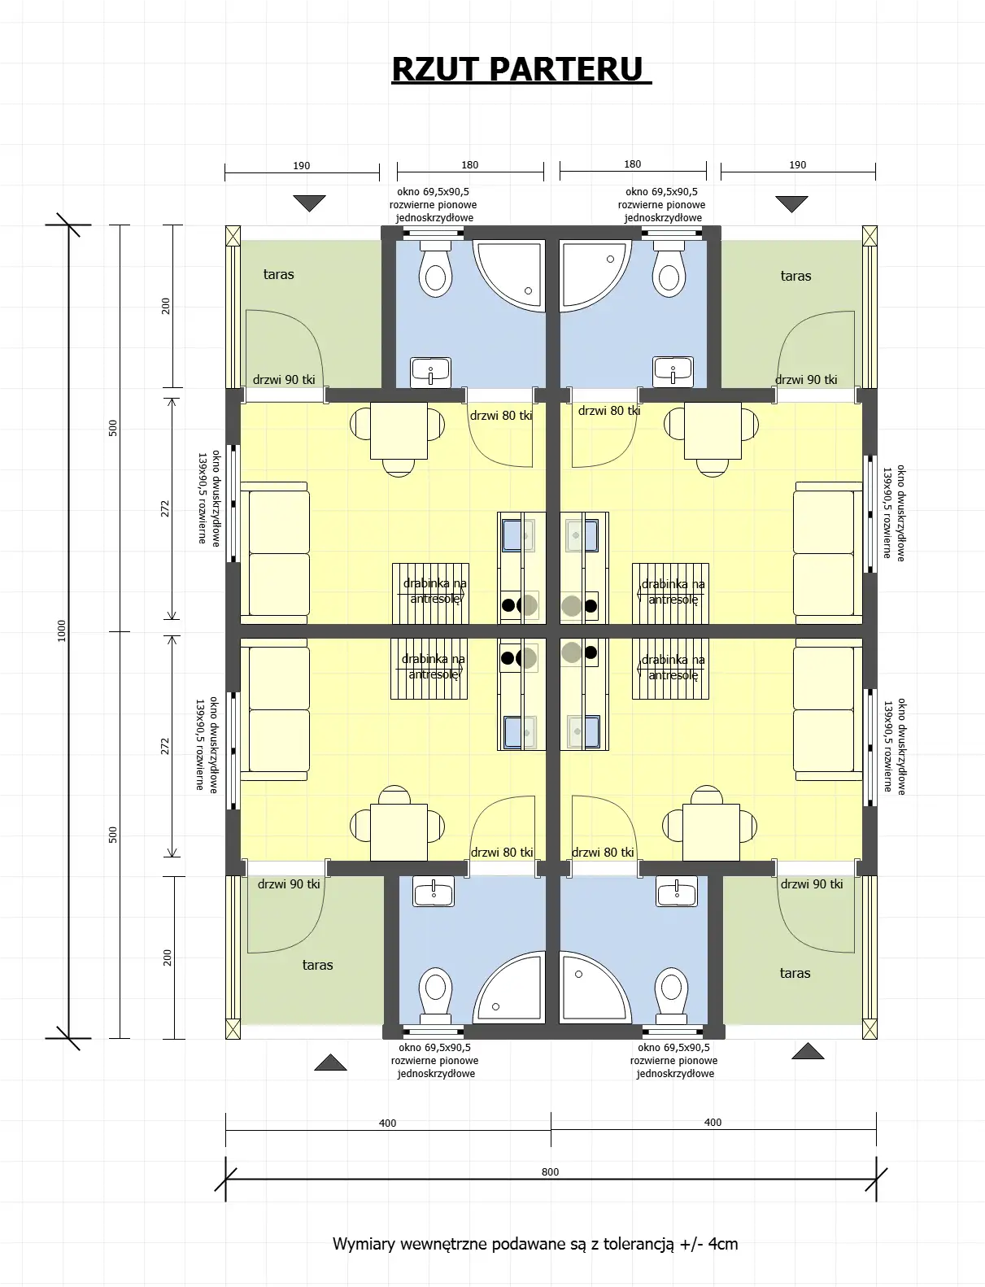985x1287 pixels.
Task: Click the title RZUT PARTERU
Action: click(x=521, y=70)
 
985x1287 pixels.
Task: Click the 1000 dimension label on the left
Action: click(x=62, y=630)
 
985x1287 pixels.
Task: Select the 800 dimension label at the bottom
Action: click(x=550, y=1171)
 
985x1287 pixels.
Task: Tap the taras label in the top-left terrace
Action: click(x=278, y=274)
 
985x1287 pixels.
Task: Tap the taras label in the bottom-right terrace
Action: click(x=795, y=973)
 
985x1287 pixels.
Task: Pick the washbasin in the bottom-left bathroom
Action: click(x=434, y=891)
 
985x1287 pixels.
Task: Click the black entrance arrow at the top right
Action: click(x=791, y=203)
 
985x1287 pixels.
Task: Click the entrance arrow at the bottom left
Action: click(x=330, y=1062)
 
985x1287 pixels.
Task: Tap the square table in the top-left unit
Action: click(x=399, y=430)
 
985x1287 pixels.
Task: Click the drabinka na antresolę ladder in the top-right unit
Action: click(x=671, y=593)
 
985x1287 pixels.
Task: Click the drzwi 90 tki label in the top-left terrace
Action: click(x=284, y=379)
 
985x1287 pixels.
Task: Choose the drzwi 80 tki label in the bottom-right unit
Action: click(x=603, y=852)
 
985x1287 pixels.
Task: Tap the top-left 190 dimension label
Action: click(x=301, y=165)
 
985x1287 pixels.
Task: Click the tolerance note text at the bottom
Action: click(x=535, y=1243)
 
